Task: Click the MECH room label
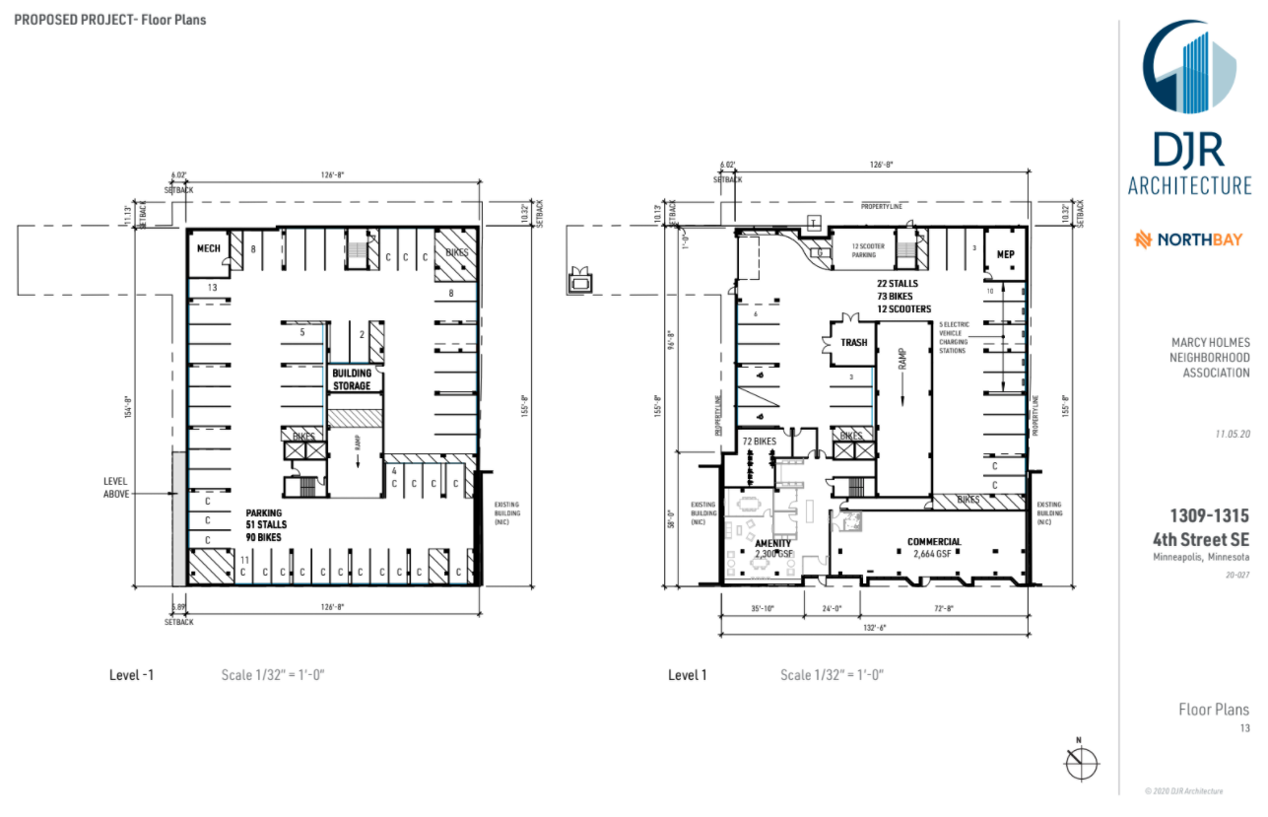(x=207, y=248)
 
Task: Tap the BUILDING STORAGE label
(x=351, y=379)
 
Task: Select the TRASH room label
(x=854, y=343)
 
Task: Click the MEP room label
(x=1005, y=254)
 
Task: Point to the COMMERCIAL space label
(x=934, y=542)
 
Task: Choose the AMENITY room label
(x=773, y=543)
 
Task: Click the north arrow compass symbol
(x=1081, y=761)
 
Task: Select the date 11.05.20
(x=1233, y=434)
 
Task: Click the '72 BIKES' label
(x=761, y=442)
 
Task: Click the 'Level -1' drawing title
(x=131, y=675)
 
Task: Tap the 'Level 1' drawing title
(x=688, y=675)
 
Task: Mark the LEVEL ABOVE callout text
(x=116, y=487)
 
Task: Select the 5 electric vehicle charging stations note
(x=953, y=338)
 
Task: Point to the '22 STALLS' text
(x=903, y=284)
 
